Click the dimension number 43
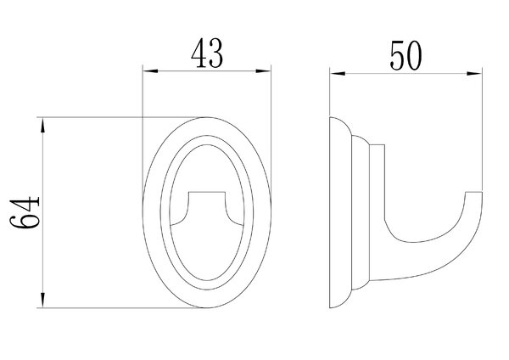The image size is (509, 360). [x=207, y=53]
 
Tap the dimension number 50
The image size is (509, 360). [x=406, y=56]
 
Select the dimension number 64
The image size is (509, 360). [x=25, y=212]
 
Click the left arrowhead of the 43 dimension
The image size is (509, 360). [x=150, y=70]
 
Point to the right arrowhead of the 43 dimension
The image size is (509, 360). [x=263, y=70]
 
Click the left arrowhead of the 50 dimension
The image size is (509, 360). [x=338, y=74]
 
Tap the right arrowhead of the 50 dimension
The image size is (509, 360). [x=474, y=74]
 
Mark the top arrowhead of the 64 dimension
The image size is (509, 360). [x=42, y=125]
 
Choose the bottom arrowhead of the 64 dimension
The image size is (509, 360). [x=42, y=300]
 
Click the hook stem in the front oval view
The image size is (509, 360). [x=207, y=208]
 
